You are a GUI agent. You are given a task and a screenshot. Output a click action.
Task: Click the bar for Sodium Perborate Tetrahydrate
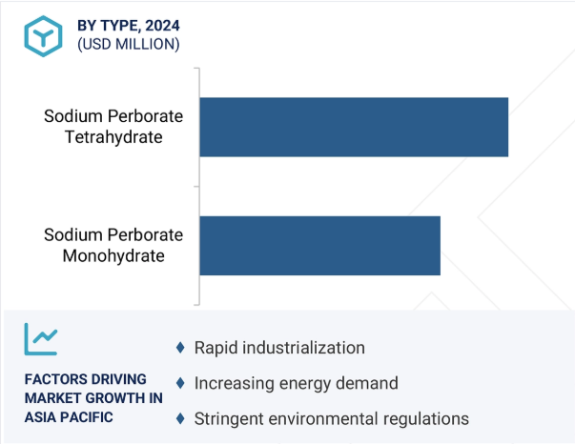[354, 127]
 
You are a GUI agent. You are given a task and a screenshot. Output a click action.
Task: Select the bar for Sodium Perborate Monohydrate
[319, 246]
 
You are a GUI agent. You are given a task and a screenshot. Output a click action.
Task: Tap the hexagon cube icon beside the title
[43, 36]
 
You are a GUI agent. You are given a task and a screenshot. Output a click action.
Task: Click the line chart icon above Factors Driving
[41, 339]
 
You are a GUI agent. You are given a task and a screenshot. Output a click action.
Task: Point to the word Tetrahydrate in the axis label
[113, 137]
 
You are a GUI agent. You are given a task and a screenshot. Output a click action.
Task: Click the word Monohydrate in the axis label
[113, 256]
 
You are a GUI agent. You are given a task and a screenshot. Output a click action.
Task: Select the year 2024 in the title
[162, 26]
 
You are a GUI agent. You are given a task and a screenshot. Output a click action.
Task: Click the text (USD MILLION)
[129, 45]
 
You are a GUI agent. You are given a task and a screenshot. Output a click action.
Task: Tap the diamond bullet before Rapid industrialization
[180, 347]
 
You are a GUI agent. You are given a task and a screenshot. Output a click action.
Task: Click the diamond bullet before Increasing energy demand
[180, 383]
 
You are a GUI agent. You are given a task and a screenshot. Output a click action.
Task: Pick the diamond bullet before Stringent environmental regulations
[180, 418]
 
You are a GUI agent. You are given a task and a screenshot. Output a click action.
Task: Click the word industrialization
[303, 348]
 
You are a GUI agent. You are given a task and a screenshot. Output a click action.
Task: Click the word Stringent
[229, 419]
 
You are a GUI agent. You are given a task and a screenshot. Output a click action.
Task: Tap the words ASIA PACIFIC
[69, 417]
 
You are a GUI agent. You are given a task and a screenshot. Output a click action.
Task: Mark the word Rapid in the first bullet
[216, 348]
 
